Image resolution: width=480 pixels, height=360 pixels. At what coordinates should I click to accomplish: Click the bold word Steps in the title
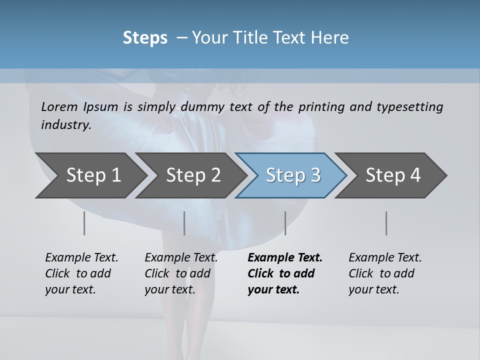(145, 37)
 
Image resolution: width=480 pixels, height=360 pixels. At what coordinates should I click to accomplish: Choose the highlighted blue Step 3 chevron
(293, 175)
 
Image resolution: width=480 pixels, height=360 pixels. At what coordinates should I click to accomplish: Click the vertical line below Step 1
(84, 223)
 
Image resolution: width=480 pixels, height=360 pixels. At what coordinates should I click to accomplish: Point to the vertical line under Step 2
(184, 223)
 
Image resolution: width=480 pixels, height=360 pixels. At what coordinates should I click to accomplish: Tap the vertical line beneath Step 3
(285, 223)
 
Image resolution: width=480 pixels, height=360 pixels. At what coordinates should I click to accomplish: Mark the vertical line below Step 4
(386, 223)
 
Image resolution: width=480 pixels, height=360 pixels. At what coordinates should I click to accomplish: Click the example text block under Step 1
(81, 273)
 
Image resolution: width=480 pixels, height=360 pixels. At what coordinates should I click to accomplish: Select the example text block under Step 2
(181, 273)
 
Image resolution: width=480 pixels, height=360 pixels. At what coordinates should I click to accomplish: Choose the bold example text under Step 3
(285, 273)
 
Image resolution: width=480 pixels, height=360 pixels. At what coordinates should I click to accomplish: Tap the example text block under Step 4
(385, 273)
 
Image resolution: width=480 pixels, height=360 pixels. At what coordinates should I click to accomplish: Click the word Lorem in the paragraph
(59, 106)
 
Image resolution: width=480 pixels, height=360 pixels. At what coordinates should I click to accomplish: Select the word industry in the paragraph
(66, 124)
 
